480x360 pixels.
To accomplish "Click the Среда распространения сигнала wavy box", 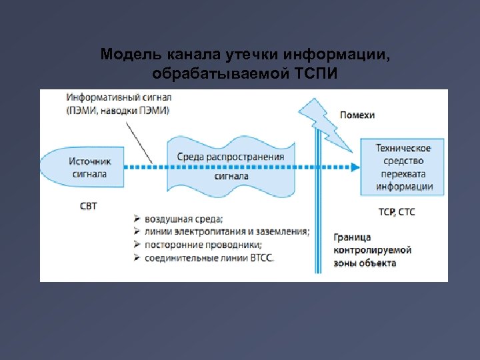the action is point(231,167).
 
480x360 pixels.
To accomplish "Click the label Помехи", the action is point(357,115).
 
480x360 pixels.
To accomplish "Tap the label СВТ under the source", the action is point(89,206).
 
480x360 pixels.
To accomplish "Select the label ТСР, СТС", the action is point(396,212).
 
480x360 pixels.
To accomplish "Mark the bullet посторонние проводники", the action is point(201,244).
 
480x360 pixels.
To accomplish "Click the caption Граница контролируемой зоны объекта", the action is point(372,250).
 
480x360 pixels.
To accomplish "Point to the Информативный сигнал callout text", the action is point(118,104).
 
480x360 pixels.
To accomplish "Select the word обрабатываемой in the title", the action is point(215,72).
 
